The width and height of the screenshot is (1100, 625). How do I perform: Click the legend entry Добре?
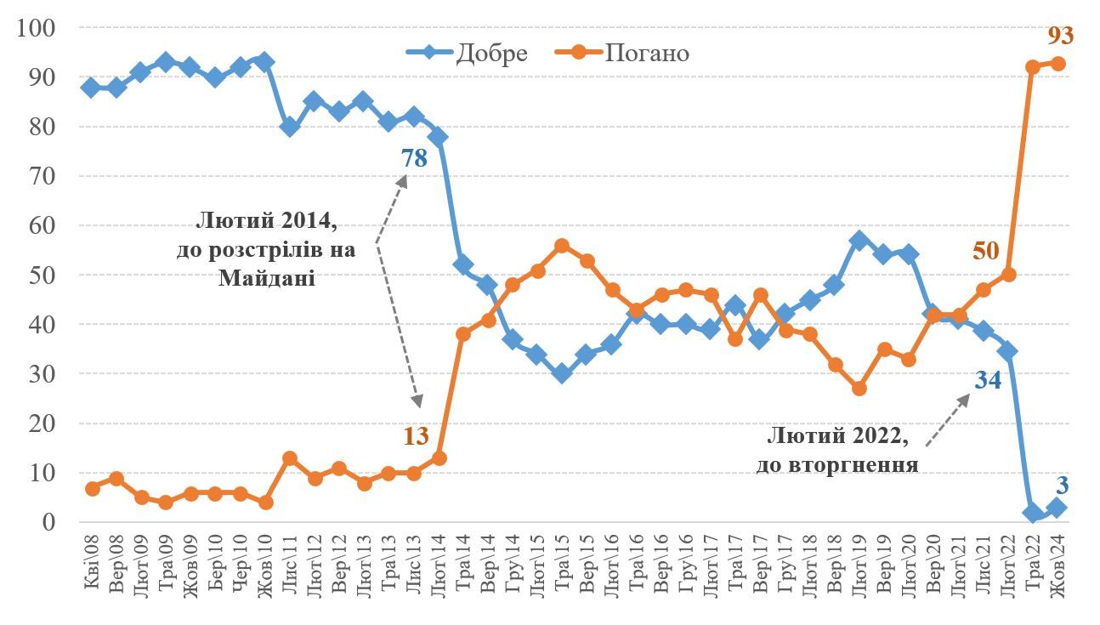pos(491,53)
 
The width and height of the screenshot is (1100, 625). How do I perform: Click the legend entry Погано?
pos(647,53)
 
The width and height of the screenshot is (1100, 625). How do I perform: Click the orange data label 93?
pos(1061,36)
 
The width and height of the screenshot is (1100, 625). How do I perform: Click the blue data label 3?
pos(1062,486)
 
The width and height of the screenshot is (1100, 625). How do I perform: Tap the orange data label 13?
pos(416,436)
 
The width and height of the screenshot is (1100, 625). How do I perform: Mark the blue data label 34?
pos(986,379)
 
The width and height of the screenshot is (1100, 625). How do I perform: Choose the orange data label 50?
pos(986,252)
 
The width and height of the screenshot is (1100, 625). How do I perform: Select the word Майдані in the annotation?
pos(266,278)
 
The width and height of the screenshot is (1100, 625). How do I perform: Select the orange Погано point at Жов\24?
pos(1057,64)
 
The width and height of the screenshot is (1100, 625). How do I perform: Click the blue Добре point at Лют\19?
pos(859,241)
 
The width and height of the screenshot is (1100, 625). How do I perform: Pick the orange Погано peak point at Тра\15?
pos(562,246)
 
